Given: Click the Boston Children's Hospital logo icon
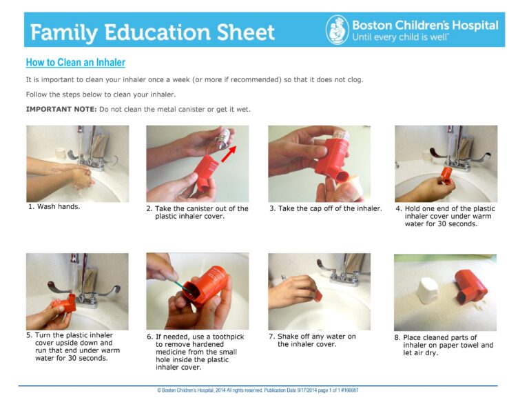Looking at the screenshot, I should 337,30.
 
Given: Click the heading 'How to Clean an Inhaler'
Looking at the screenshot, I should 75,63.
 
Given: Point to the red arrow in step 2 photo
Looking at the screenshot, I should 229,155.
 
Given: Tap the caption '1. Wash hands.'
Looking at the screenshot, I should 54,206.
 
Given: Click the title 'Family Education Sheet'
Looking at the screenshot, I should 152,32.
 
